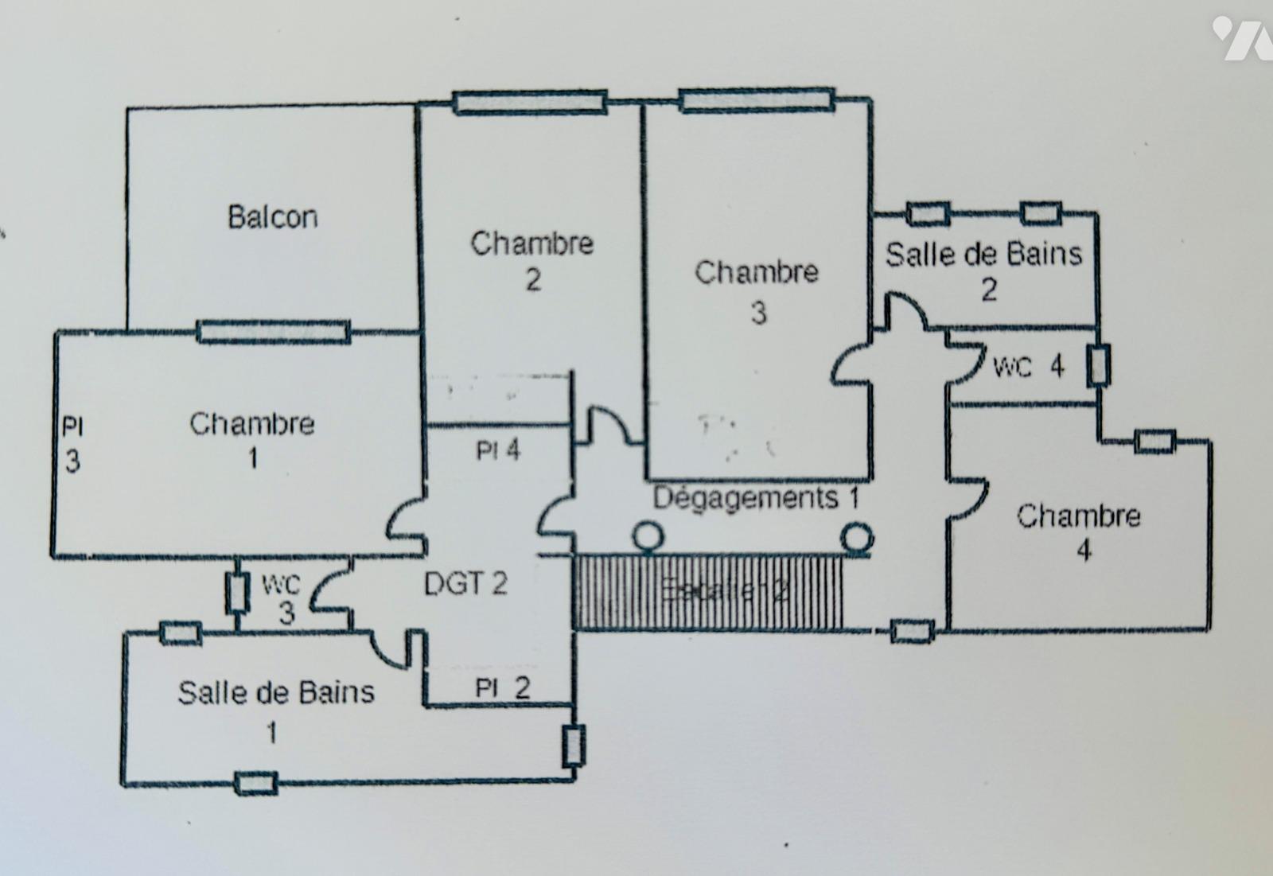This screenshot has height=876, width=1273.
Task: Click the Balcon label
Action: pyautogui.click(x=272, y=217)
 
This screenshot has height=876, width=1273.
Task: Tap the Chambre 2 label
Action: pyautogui.click(x=531, y=260)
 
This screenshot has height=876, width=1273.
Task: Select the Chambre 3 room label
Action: pyautogui.click(x=757, y=291)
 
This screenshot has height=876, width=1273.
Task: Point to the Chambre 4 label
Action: pyautogui.click(x=1079, y=531)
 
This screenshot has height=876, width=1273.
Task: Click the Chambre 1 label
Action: pyautogui.click(x=251, y=440)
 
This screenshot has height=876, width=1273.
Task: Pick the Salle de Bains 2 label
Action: pyautogui.click(x=984, y=271)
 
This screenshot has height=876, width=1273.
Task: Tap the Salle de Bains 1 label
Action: pyautogui.click(x=275, y=711)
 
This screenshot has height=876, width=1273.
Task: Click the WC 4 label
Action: pyautogui.click(x=1028, y=367)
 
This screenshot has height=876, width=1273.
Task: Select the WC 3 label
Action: pyautogui.click(x=282, y=598)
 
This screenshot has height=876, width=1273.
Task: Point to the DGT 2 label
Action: pyautogui.click(x=465, y=584)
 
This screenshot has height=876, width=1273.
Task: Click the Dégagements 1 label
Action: pyautogui.click(x=756, y=499)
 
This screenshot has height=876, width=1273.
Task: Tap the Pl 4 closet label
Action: pyautogui.click(x=498, y=451)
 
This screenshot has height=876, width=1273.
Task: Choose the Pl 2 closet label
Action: pyautogui.click(x=502, y=687)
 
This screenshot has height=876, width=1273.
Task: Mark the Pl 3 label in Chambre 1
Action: pyautogui.click(x=72, y=445)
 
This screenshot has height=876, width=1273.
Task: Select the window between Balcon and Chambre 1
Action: pyautogui.click(x=274, y=331)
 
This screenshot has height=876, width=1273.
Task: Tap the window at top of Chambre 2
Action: pyautogui.click(x=530, y=103)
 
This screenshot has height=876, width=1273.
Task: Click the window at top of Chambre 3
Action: pyautogui.click(x=757, y=100)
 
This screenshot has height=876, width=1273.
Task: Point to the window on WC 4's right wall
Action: pyautogui.click(x=1099, y=365)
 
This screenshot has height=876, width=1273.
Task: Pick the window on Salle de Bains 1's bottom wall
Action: pyautogui.click(x=256, y=784)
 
